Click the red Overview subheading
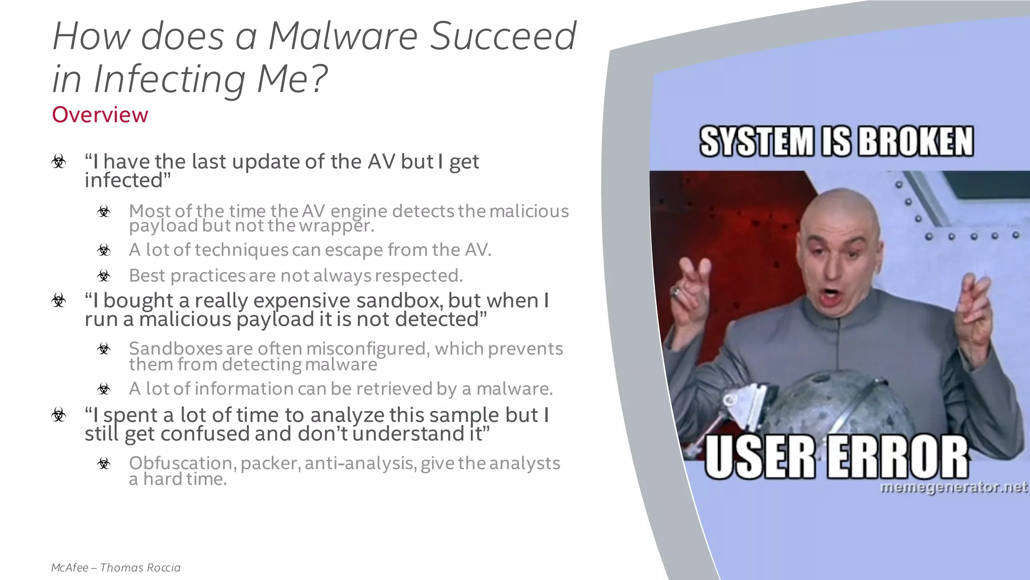click(100, 115)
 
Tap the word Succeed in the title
click(503, 36)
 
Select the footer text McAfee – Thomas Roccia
click(116, 567)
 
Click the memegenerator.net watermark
click(954, 487)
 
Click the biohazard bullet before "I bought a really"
click(59, 301)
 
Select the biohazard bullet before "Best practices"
click(104, 275)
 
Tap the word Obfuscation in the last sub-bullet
click(182, 463)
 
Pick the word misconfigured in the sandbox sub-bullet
click(368, 348)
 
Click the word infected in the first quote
click(124, 180)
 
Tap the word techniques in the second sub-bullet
click(241, 250)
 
